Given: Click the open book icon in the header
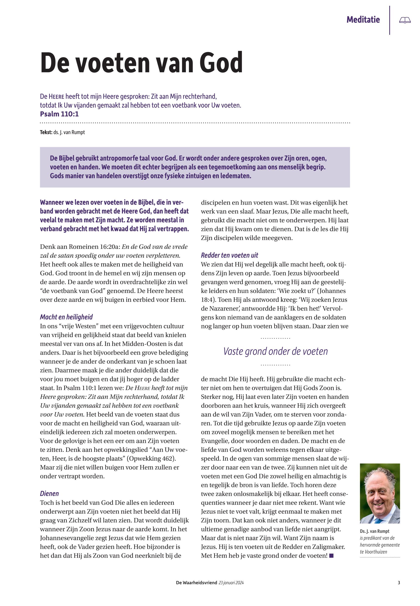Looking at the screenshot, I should (x=405, y=20).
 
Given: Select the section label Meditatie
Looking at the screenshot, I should (x=363, y=20).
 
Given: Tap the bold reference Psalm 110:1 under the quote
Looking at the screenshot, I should (x=59, y=114).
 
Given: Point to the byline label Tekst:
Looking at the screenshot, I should (x=46, y=132).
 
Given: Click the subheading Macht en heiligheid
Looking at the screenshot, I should (x=66, y=317).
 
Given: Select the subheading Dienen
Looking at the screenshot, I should (x=49, y=493).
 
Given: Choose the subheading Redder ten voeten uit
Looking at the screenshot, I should (x=229, y=255).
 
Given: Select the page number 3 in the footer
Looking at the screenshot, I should (x=399, y=583).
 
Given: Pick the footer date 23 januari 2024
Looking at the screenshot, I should (x=231, y=583).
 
